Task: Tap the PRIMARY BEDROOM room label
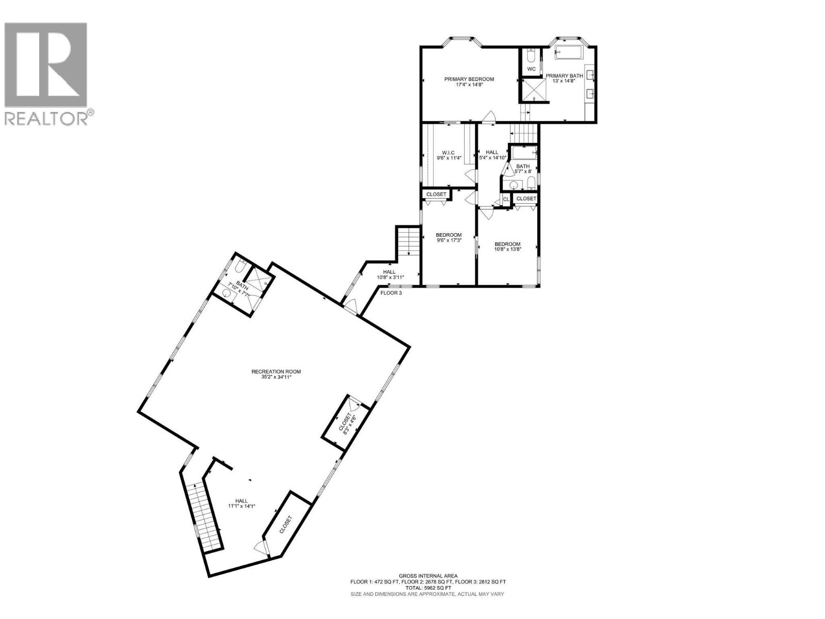click(x=469, y=79)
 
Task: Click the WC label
click(x=531, y=69)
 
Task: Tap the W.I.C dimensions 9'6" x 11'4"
click(x=448, y=158)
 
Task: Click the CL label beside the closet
click(x=505, y=199)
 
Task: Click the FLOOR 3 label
click(x=391, y=293)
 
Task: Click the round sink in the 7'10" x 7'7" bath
click(x=226, y=293)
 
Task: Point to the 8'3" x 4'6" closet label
click(x=346, y=423)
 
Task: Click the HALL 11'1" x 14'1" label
click(x=241, y=503)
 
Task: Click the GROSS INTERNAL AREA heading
click(x=428, y=576)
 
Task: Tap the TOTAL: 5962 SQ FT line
click(x=428, y=588)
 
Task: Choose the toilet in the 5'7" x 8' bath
click(x=531, y=184)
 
